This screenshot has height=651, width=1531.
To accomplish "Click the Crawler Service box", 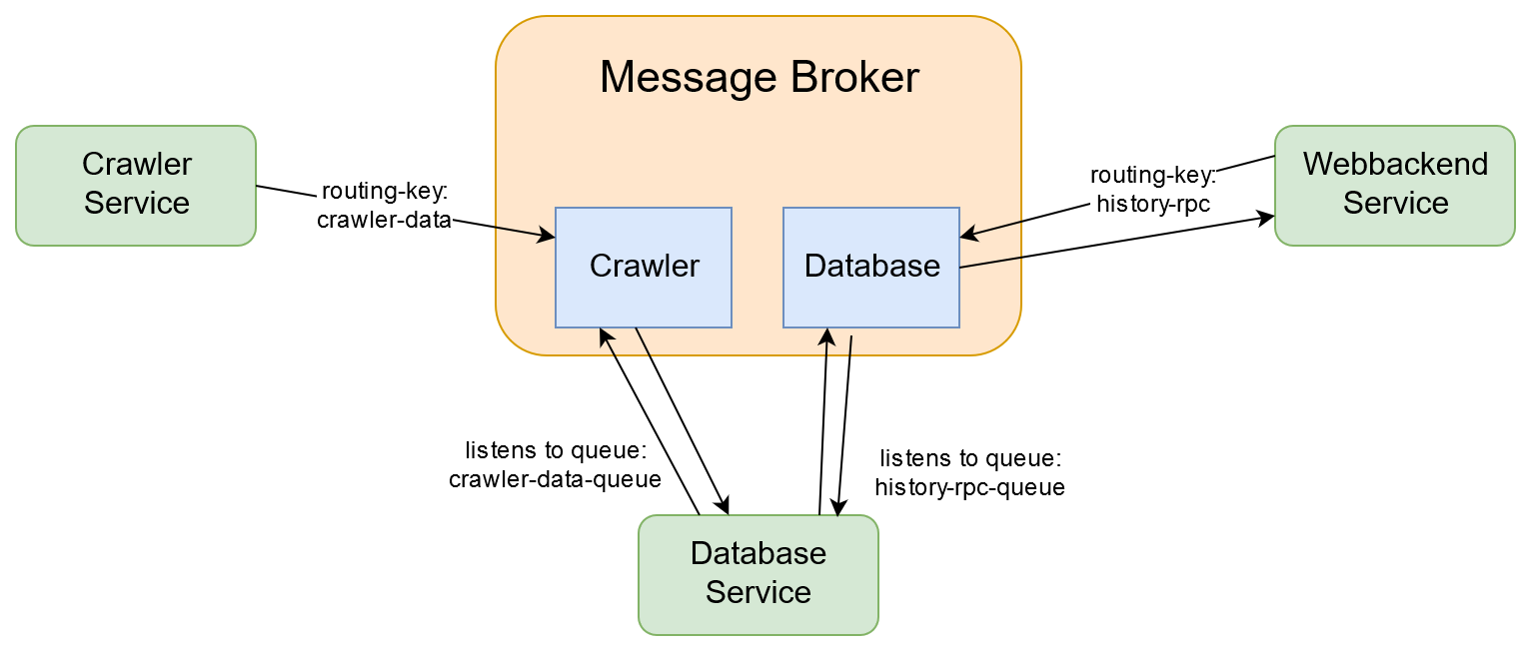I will point(136,185).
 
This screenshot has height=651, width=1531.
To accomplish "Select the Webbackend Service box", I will point(1394,185).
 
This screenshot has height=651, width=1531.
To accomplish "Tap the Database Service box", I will point(758,574).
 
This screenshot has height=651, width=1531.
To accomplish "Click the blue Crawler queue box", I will point(644,267).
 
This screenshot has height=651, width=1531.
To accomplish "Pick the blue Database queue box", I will point(871,267).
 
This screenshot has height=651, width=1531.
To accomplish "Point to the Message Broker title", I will point(759,77).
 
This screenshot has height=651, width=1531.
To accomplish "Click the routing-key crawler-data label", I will point(385,207).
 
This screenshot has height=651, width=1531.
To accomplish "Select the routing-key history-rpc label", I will point(1153,191).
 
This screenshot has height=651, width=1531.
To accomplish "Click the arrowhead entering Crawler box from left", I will point(547,237).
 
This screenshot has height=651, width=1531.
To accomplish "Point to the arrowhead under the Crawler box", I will point(605,335).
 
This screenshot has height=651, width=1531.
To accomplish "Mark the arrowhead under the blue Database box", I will point(827,335).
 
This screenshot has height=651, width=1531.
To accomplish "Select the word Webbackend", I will point(1394,164).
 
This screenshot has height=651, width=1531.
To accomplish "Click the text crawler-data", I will point(385,221).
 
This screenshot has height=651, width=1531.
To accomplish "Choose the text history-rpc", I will point(1153,205).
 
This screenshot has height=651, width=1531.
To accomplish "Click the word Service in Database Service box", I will point(758,592).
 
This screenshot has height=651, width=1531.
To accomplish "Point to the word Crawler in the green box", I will point(136,164).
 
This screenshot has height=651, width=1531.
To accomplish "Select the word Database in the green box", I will point(758,553).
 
